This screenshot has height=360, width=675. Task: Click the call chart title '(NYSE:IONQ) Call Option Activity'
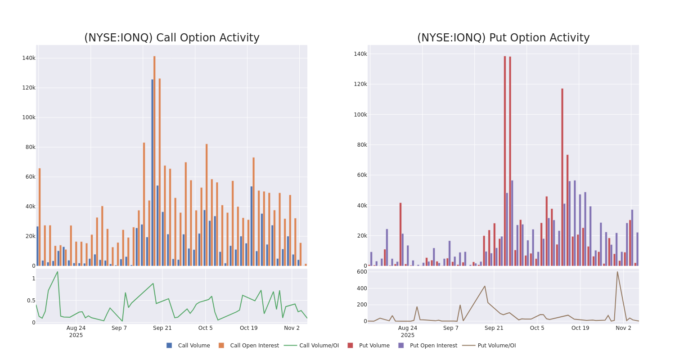point(171,38)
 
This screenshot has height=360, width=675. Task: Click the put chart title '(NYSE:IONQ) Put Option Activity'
point(503,38)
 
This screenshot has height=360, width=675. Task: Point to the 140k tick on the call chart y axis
point(29,58)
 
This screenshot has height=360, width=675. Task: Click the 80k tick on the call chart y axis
point(30,147)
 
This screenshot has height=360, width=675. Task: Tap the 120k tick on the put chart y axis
point(360,84)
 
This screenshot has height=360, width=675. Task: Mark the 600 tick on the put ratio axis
point(362,272)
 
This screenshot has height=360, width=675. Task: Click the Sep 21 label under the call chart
point(162,328)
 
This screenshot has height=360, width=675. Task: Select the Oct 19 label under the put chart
point(580,328)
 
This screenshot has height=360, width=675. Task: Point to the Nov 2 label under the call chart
point(292,328)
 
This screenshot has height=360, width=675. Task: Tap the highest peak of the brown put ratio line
point(617,272)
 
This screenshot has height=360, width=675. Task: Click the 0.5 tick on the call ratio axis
point(31,301)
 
